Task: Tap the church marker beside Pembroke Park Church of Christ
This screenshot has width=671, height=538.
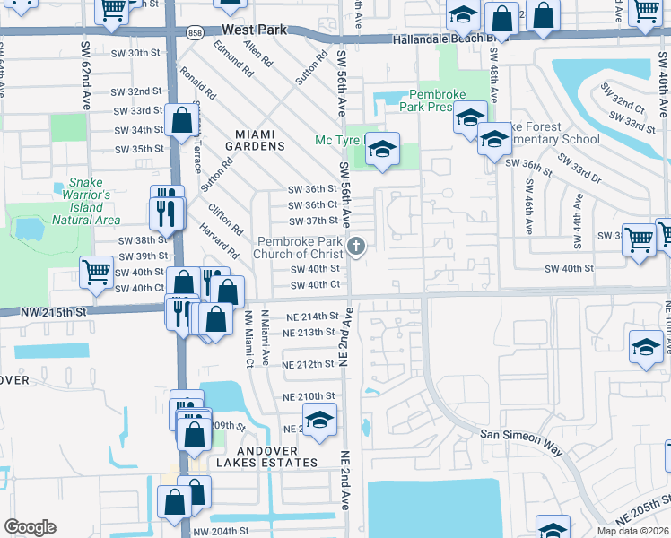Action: pos(356,246)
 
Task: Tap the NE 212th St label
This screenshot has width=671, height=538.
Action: pos(308,365)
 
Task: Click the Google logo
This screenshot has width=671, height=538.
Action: pos(30,526)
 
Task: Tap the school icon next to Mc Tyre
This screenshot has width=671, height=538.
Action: pos(382,150)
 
